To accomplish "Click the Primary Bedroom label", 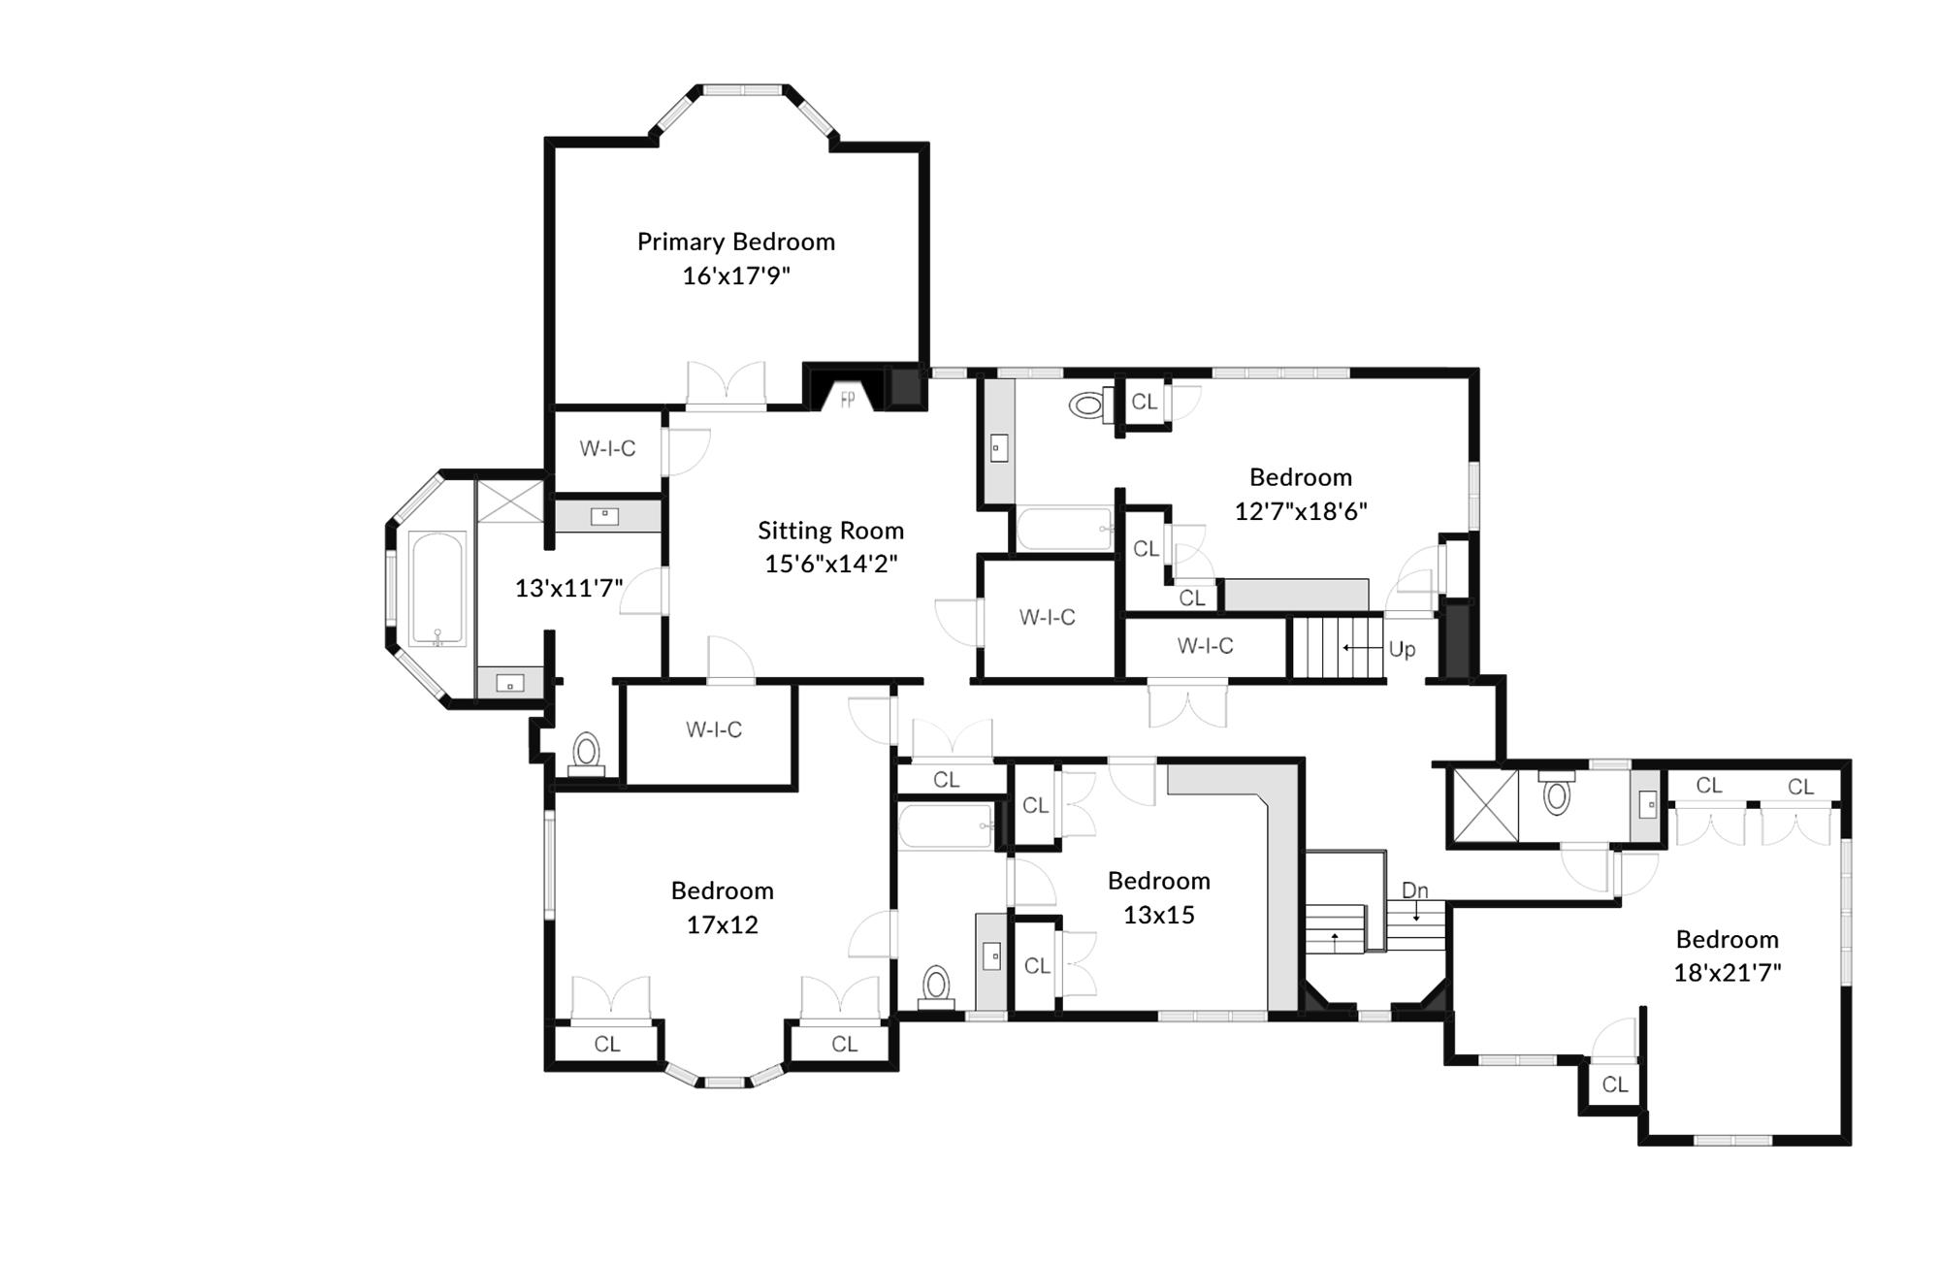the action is (x=735, y=242).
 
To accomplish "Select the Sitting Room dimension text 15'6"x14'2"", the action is (x=830, y=564).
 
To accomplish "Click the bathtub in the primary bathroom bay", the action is (x=437, y=588).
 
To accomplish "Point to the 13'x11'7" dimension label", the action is (x=568, y=588).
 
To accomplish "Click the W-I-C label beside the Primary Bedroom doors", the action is (x=607, y=448).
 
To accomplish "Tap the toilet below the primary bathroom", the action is (x=586, y=752).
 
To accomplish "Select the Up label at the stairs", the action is (x=1402, y=649).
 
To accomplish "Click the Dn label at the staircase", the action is (x=1414, y=890).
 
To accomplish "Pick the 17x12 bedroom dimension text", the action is (x=722, y=924).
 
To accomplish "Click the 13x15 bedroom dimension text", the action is (x=1158, y=915).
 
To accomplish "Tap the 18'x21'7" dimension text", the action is (x=1727, y=972).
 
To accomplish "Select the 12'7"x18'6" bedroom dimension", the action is (x=1300, y=511).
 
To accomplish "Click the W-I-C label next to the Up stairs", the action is (x=1205, y=646).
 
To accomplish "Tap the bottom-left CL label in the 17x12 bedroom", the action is (x=606, y=1044).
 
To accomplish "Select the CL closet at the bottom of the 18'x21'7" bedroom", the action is (x=1614, y=1084).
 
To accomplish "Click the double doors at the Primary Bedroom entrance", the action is (x=726, y=385).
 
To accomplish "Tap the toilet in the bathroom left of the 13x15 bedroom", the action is (x=935, y=986).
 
